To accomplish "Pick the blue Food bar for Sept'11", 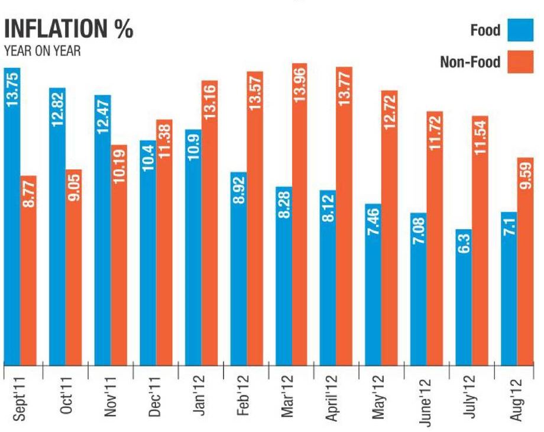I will coord(12,237).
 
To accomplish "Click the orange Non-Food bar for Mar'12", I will coord(300,237).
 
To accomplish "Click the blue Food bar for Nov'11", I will coord(102,237).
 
